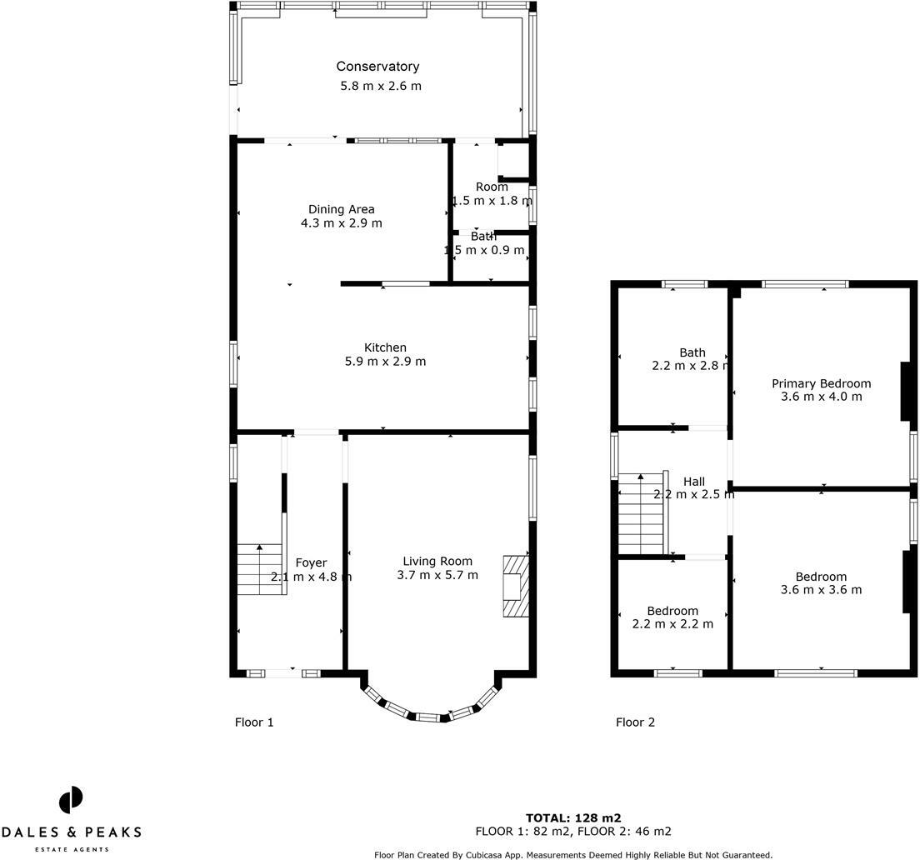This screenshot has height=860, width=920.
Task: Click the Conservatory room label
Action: [x=377, y=67]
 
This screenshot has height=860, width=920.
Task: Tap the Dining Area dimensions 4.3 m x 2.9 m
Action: [x=342, y=223]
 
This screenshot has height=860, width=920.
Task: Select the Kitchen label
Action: [x=385, y=347]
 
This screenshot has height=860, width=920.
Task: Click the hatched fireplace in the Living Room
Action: [x=515, y=586]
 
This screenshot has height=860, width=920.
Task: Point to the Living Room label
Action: [x=437, y=561]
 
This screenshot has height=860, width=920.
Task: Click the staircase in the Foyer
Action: [x=260, y=569]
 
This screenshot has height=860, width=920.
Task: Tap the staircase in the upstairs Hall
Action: [x=640, y=514]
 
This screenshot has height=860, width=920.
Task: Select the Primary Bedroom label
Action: [x=821, y=383]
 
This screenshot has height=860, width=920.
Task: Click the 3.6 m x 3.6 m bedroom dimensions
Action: [x=821, y=590]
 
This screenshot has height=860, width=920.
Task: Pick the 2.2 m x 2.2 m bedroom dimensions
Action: [x=672, y=624]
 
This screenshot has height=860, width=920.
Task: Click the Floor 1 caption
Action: [x=254, y=722]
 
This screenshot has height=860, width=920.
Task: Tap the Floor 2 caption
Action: [x=635, y=722]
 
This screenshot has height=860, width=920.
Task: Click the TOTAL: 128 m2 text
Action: [x=573, y=817]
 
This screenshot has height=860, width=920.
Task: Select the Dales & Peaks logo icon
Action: [x=71, y=800]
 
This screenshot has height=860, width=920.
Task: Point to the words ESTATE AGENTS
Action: [x=71, y=849]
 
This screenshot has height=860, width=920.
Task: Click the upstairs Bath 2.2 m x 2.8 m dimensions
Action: [x=692, y=366]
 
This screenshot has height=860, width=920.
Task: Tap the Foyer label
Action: [x=311, y=562]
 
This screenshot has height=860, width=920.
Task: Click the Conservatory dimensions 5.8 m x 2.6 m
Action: [x=381, y=86]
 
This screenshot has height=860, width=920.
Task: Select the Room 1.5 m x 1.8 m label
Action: [x=492, y=187]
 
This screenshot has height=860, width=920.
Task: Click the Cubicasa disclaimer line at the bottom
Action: [x=573, y=854]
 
